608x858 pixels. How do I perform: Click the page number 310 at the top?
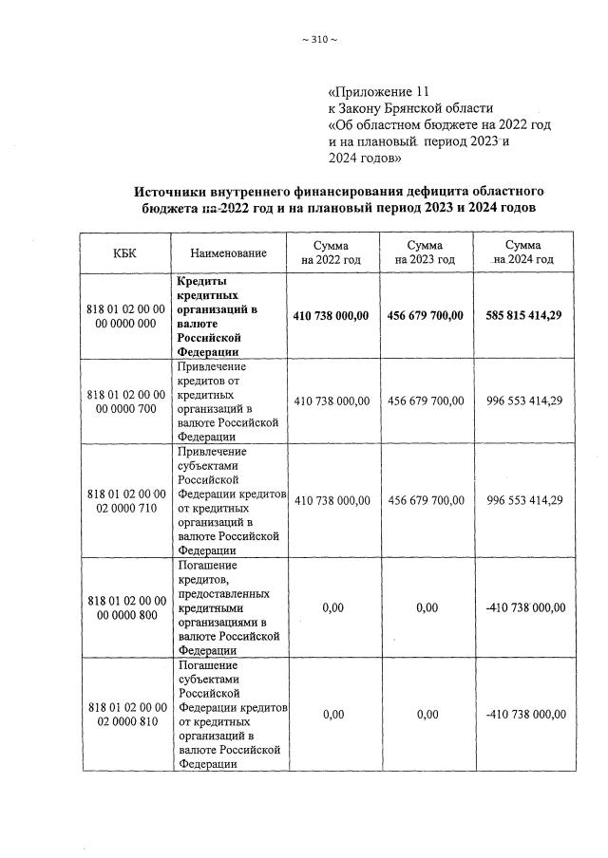[317, 39]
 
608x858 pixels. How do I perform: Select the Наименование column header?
[228, 253]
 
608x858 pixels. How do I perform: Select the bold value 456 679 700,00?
[426, 316]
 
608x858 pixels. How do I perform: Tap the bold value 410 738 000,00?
[332, 316]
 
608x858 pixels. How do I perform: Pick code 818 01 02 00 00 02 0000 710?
[126, 500]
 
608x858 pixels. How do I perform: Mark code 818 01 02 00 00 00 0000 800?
[126, 607]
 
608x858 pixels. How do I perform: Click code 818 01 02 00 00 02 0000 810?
[126, 715]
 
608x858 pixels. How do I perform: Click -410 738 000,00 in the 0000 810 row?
[524, 715]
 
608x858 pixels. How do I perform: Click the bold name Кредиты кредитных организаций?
[213, 316]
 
